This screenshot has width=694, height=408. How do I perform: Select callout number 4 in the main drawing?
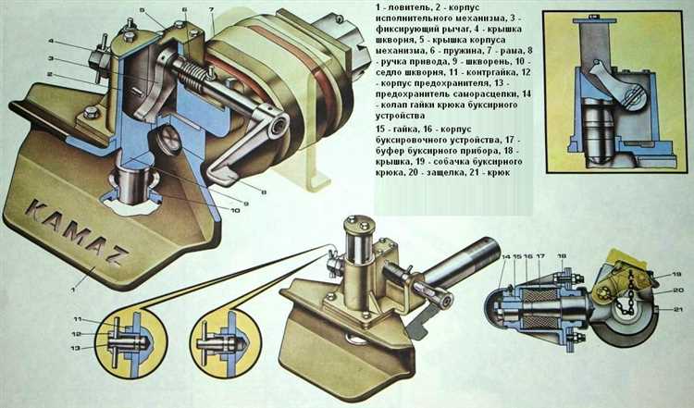tap(51, 41)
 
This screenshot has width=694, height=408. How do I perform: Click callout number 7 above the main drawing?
tap(212, 9)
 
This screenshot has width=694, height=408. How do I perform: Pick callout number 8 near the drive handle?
tap(264, 192)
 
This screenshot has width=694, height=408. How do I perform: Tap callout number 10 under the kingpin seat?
tap(235, 210)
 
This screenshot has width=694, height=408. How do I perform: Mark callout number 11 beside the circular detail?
tap(78, 319)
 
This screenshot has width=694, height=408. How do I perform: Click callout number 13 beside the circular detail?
tap(75, 348)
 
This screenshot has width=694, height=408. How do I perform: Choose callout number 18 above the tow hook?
tap(562, 255)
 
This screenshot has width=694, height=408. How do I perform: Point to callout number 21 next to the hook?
tap(676, 309)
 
